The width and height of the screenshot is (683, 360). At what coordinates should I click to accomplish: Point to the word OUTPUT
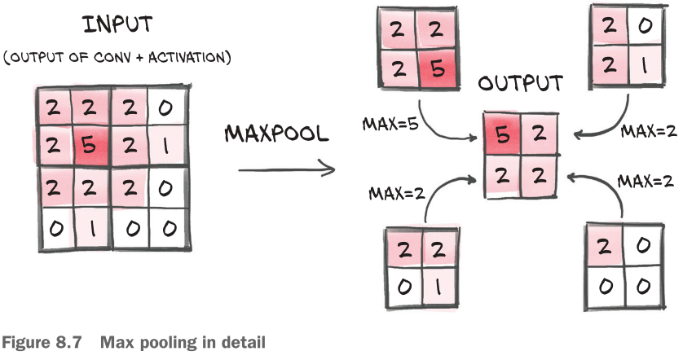tap(520, 84)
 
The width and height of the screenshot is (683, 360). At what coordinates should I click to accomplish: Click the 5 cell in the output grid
tap(502, 134)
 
